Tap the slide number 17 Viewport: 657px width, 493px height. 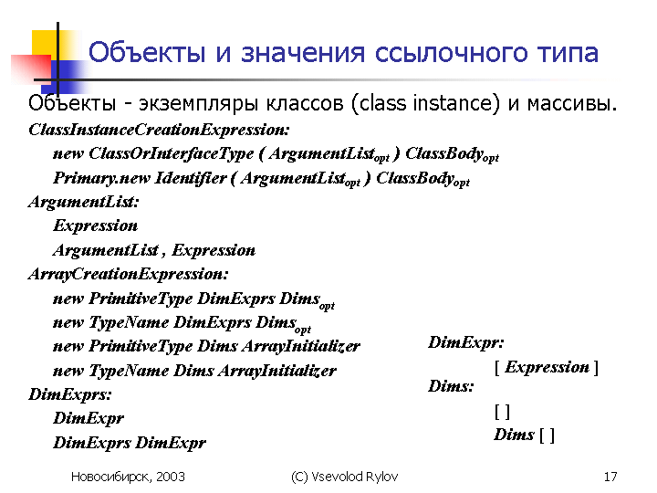610,477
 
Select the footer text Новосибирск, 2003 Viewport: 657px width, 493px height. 128,477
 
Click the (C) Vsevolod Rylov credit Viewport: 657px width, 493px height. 344,477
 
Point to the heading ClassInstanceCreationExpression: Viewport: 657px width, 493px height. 159,130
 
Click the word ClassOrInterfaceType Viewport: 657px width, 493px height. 171,154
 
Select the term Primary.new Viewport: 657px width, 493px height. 101,178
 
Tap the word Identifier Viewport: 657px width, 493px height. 191,178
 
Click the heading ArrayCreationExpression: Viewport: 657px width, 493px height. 129,274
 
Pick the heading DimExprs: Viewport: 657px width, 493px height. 70,394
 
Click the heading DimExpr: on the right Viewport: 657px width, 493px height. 466,343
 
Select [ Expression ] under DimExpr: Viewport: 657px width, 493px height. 547,367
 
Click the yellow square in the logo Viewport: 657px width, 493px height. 45,42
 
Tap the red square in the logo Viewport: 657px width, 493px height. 31,69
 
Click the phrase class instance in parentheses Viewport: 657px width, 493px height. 425,103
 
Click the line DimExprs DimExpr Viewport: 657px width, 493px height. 130,443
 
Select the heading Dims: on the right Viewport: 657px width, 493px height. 451,386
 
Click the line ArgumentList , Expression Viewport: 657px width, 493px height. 154,250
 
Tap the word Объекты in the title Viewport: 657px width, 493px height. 147,53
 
